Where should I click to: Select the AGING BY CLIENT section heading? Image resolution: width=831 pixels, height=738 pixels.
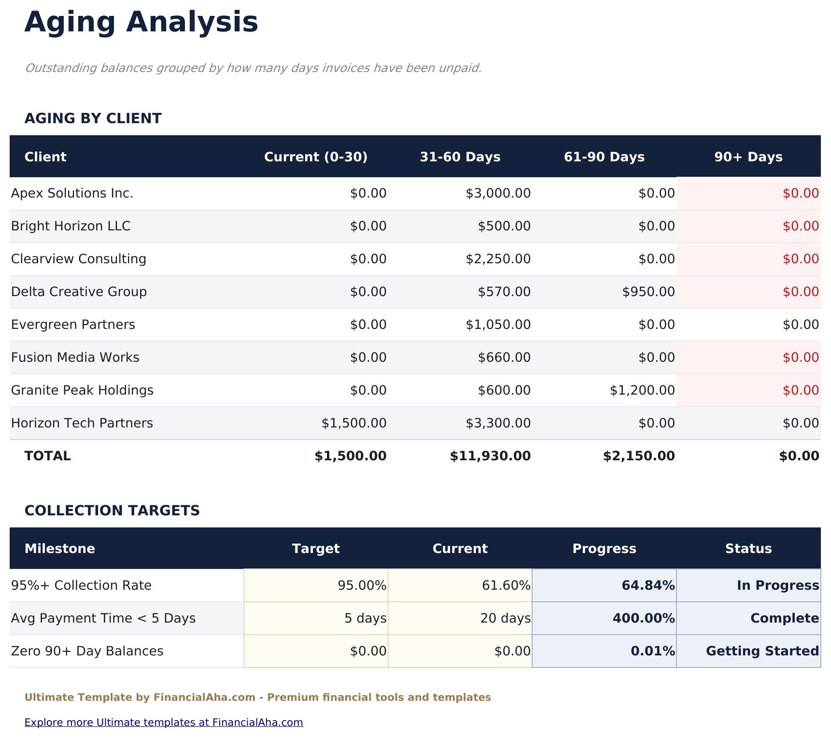click(93, 118)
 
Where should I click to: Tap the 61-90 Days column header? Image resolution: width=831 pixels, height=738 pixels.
click(604, 157)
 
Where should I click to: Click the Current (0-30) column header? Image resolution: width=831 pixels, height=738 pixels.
click(316, 157)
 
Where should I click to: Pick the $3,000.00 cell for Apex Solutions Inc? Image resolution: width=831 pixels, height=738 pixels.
click(498, 194)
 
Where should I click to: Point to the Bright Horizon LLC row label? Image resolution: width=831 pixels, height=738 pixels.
click(70, 227)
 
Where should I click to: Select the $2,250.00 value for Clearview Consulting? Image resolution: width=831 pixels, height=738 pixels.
click(498, 259)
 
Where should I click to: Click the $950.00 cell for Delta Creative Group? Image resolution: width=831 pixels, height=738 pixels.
click(648, 292)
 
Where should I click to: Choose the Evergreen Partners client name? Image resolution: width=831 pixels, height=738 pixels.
click(73, 325)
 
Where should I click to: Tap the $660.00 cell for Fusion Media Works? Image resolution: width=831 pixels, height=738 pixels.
click(504, 358)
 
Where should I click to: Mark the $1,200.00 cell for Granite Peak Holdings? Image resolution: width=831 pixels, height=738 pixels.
click(642, 391)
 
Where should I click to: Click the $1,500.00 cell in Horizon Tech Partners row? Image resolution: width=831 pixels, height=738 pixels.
click(354, 424)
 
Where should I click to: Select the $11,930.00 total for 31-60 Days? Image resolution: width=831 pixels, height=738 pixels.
click(490, 456)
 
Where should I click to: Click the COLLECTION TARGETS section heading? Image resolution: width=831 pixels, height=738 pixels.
click(112, 511)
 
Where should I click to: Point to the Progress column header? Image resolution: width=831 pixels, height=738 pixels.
click(604, 549)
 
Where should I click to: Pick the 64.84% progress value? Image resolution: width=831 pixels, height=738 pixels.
click(648, 586)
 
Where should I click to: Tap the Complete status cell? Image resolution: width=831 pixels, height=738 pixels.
click(785, 619)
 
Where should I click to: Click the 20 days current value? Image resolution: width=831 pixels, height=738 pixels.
click(505, 619)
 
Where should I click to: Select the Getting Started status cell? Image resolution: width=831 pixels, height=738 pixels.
click(762, 652)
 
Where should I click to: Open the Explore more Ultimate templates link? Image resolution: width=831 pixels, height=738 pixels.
click(164, 723)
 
